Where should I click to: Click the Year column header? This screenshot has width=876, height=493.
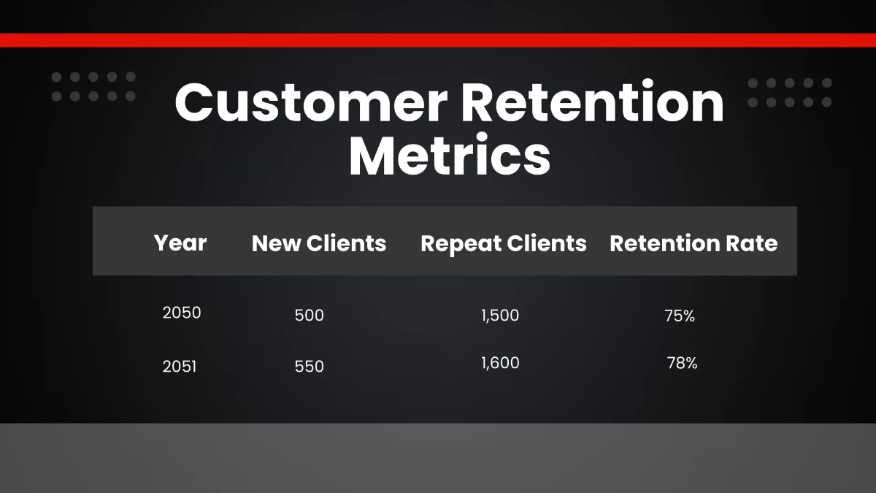[180, 242]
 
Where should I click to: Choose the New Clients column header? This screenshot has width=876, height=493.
[319, 243]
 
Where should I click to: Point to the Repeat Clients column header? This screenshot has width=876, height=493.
[504, 243]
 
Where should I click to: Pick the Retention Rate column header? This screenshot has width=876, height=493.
[693, 243]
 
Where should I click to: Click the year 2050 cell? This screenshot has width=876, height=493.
[182, 313]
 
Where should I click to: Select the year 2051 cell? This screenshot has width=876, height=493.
[180, 366]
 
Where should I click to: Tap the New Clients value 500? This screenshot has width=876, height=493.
[309, 316]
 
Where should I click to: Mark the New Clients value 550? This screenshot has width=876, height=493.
[309, 366]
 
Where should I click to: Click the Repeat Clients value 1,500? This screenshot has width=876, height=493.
[500, 316]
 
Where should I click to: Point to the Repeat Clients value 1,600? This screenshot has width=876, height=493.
[500, 363]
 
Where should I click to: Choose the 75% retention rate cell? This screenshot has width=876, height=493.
[680, 316]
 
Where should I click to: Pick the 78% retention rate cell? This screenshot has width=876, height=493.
[682, 363]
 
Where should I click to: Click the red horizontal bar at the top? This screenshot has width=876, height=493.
[438, 40]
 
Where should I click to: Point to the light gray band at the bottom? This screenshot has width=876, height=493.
[438, 458]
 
